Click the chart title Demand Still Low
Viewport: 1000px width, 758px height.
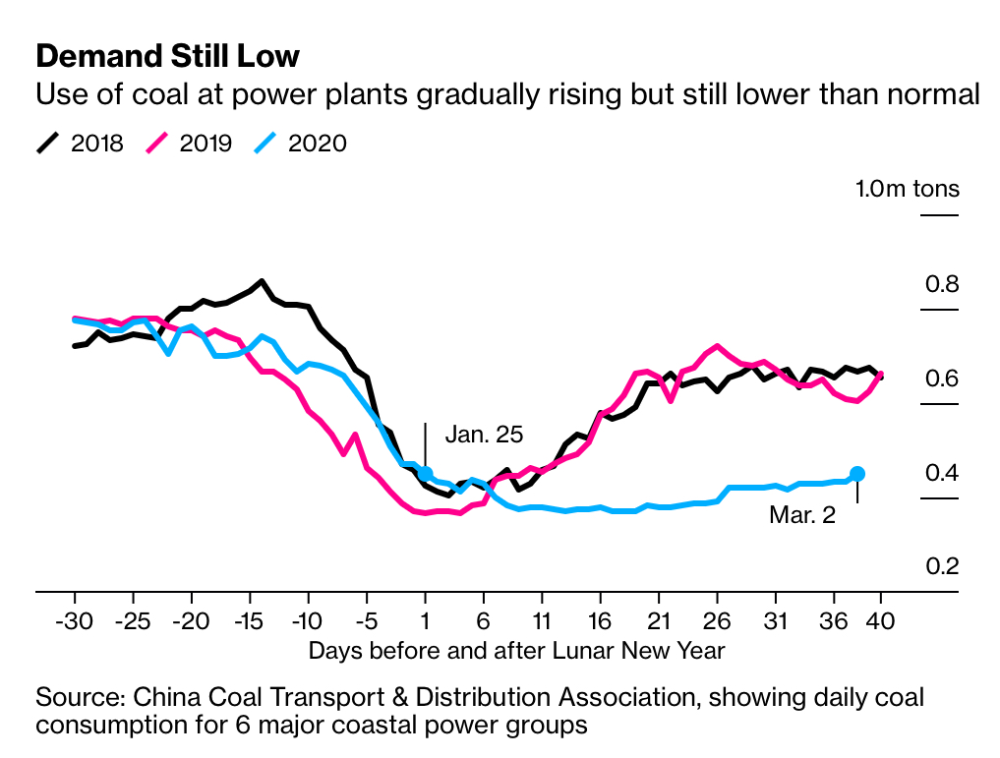click(167, 55)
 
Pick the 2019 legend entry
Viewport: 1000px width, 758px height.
click(190, 144)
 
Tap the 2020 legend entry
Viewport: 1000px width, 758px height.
click(300, 144)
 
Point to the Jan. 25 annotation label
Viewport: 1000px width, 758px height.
click(484, 434)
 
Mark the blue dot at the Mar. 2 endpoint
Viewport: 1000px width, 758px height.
click(856, 474)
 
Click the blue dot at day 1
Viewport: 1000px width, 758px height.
click(425, 474)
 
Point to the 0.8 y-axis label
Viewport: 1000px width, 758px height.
click(941, 285)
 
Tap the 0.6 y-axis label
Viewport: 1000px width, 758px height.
click(941, 379)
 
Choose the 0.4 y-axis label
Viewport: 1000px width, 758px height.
click(941, 474)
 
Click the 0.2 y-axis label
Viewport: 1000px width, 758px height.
click(941, 567)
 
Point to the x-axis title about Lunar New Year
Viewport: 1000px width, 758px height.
click(516, 651)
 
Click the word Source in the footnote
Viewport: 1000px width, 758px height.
click(76, 698)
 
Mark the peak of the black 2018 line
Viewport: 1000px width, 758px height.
click(262, 281)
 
